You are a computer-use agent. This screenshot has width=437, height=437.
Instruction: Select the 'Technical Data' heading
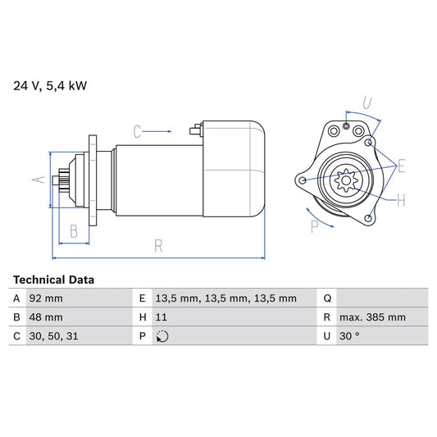53,280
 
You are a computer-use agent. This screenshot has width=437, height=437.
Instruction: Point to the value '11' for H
161,317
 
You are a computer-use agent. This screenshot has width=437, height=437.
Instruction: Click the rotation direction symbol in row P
162,336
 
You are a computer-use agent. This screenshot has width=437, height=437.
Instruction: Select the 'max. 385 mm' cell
374,317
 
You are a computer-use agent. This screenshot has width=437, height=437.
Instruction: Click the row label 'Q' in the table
327,298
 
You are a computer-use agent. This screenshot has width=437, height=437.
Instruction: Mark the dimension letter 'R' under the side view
157,244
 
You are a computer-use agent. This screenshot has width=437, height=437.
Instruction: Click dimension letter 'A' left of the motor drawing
36,178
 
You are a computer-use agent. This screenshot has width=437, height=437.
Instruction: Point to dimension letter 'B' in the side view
73,232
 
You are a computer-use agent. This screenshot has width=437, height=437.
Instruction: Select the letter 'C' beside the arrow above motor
138,130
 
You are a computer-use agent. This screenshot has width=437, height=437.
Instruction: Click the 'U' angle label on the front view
367,103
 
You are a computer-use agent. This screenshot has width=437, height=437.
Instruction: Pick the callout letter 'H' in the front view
400,199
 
